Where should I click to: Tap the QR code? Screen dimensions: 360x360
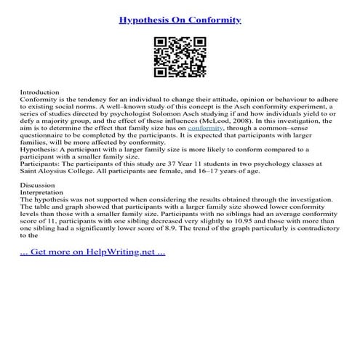(x=179, y=58)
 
